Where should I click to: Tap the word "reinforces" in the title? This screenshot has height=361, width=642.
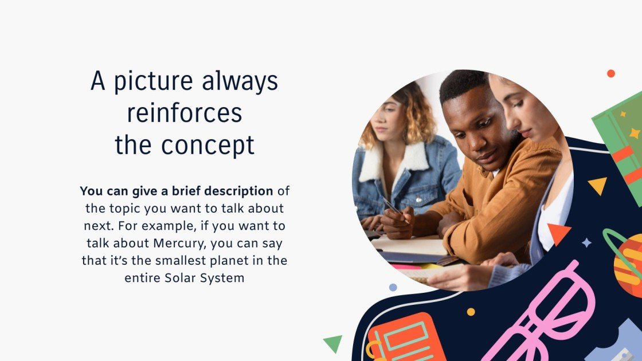(185, 113)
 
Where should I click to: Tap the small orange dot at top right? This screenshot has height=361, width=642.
(611, 73)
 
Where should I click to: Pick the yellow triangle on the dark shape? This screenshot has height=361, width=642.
(598, 185)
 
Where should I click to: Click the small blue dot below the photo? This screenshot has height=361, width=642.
(393, 287)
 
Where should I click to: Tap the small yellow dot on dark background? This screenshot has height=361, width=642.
(471, 312)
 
